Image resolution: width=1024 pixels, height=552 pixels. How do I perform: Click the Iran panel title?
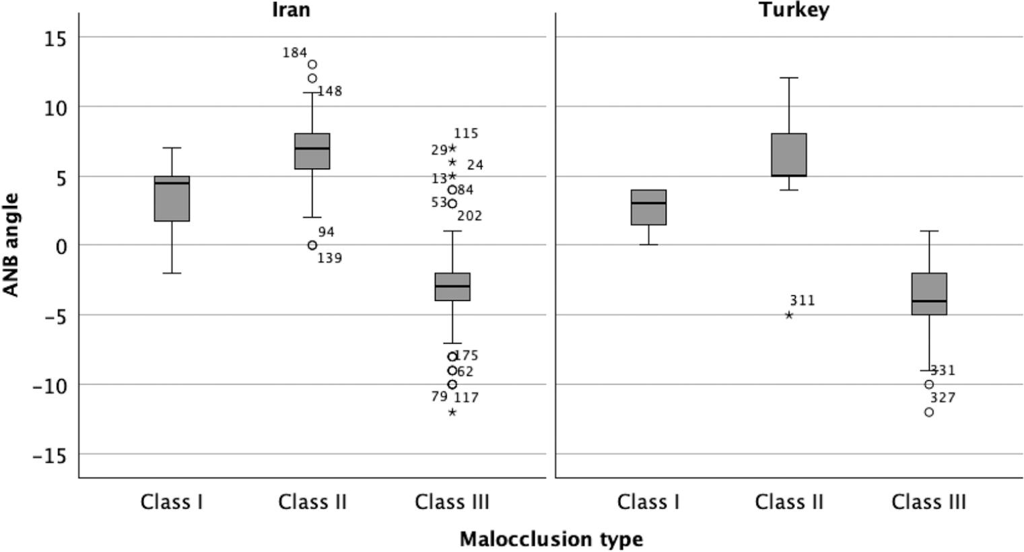pyautogui.click(x=291, y=9)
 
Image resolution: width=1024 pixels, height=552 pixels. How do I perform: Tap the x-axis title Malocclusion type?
pyautogui.click(x=551, y=539)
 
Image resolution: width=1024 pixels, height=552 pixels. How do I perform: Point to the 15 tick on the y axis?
pyautogui.click(x=56, y=38)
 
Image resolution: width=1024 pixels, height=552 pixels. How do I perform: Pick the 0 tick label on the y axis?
pyautogui.click(x=62, y=246)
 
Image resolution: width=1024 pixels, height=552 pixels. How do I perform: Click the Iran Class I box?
pyautogui.click(x=172, y=199)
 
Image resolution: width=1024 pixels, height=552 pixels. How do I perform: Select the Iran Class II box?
pyautogui.click(x=312, y=151)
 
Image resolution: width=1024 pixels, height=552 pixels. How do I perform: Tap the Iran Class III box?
pyautogui.click(x=452, y=287)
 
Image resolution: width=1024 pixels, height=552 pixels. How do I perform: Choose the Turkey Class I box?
pyautogui.click(x=648, y=207)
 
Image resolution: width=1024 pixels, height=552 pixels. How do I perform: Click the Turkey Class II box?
pyautogui.click(x=789, y=155)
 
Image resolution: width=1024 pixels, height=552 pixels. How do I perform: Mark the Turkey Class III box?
pyautogui.click(x=929, y=294)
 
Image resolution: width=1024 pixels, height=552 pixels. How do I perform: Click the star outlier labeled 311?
pyautogui.click(x=789, y=315)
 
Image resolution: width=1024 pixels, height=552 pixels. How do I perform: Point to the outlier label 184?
pyautogui.click(x=295, y=53)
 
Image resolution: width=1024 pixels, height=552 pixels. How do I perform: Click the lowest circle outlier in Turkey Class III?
pyautogui.click(x=929, y=412)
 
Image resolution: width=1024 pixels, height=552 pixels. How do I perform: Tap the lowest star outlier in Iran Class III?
pyautogui.click(x=452, y=412)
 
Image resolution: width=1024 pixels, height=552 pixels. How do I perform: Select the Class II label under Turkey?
pyautogui.click(x=789, y=502)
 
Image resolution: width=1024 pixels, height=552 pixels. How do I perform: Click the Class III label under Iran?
pyautogui.click(x=452, y=502)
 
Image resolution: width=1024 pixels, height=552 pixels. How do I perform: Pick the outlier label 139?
pyautogui.click(x=330, y=258)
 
